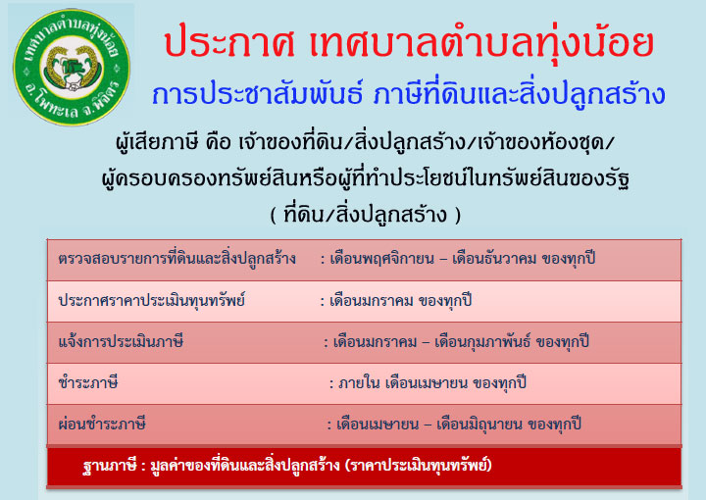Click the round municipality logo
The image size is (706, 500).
point(72,67)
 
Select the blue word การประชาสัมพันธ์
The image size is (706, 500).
point(257,94)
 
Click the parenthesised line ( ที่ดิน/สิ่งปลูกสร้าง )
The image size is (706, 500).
point(366,215)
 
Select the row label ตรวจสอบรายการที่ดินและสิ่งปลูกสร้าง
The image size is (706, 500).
point(176,259)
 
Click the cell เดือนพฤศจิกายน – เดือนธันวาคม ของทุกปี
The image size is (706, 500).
point(463,259)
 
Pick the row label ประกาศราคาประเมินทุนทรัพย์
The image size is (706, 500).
point(151,300)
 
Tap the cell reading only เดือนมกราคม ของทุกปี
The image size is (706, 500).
point(401,301)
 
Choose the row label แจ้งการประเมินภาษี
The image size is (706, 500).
point(121,341)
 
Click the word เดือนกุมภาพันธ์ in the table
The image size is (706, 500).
point(482,342)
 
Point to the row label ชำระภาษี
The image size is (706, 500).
point(88,383)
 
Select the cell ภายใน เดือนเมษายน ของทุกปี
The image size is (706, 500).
point(431,383)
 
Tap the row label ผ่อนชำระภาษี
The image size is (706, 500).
point(102,424)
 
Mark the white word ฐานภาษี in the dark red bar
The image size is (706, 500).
point(110,465)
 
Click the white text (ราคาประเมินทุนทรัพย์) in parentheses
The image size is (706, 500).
point(419,465)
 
